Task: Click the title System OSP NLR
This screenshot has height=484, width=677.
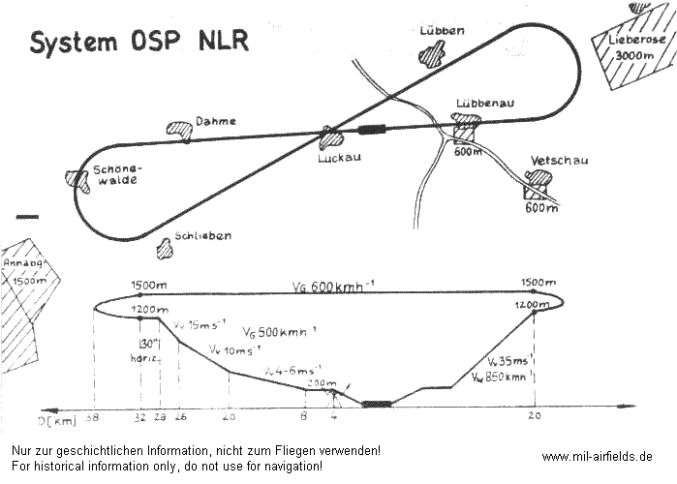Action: [x=138, y=42]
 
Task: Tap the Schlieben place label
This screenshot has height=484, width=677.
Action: [x=203, y=235]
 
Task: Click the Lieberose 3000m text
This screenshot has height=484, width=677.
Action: [x=635, y=47]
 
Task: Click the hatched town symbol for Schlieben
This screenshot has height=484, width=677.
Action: [x=165, y=248]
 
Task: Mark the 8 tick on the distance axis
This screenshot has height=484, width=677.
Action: [x=304, y=416]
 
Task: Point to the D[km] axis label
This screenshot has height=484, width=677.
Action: [x=58, y=420]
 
